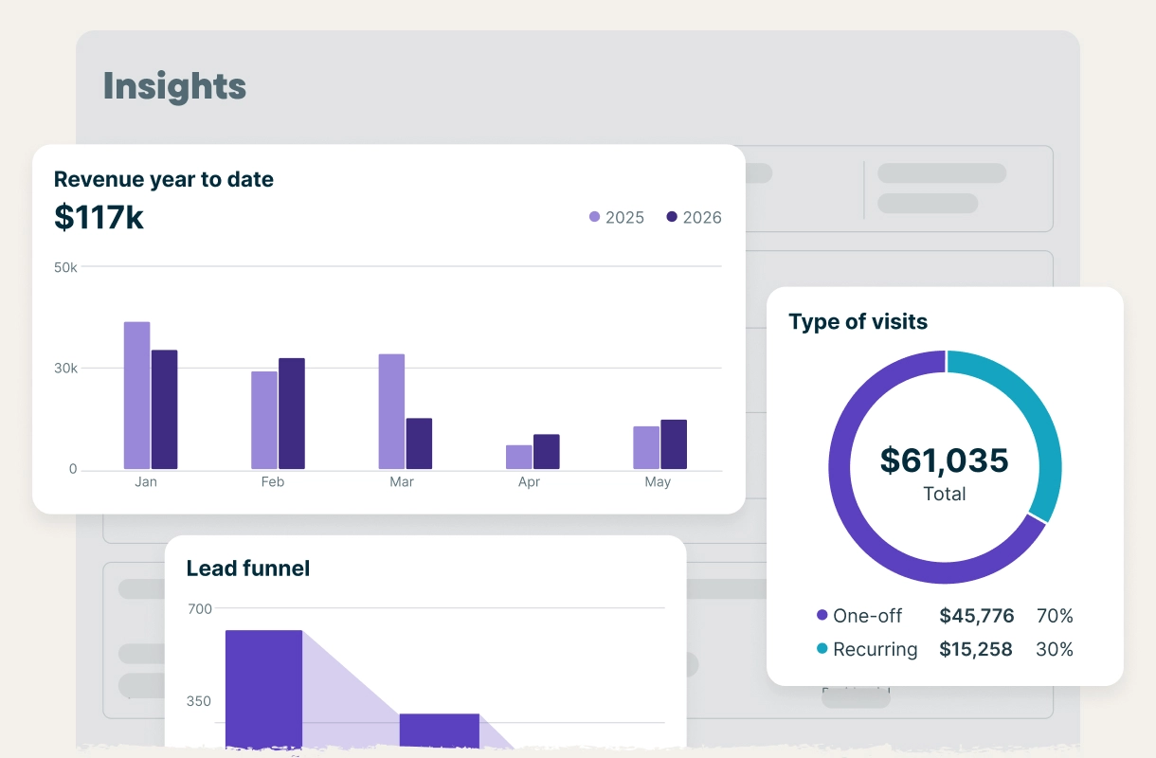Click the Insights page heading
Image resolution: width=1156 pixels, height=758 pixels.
[174, 86]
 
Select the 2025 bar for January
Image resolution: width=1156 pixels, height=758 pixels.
[136, 395]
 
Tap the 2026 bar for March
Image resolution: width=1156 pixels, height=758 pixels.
[419, 443]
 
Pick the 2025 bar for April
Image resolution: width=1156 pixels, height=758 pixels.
[518, 457]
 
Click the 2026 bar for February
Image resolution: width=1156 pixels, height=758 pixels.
[292, 413]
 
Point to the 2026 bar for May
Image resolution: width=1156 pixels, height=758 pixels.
[674, 444]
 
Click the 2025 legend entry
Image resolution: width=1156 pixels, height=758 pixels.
[617, 217]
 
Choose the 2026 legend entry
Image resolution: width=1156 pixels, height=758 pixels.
[695, 217]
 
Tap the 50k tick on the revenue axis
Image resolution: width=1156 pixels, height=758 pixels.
[65, 267]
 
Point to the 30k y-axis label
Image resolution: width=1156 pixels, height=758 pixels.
[65, 368]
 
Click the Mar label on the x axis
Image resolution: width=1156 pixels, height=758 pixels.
[402, 481]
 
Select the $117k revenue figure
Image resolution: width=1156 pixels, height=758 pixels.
[99, 217]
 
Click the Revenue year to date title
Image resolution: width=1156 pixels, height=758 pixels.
[163, 179]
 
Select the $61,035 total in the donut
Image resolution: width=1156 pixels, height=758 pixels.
[945, 460]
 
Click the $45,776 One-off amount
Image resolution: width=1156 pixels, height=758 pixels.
[976, 616]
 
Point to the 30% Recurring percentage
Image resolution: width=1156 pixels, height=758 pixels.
[1055, 649]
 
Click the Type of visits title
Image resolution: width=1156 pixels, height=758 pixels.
[858, 321]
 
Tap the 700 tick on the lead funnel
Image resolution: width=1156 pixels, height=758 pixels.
[199, 608]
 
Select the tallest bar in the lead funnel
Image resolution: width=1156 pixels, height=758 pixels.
[263, 687]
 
